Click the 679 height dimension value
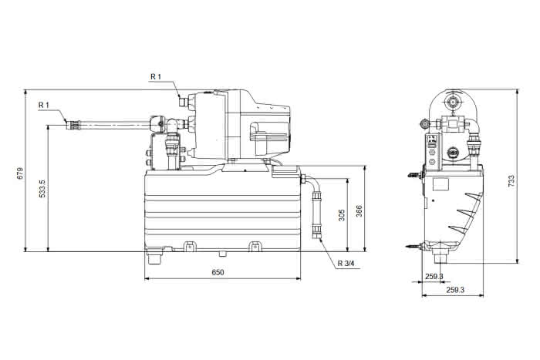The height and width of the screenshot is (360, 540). (x=20, y=173)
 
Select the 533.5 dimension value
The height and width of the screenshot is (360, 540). (x=42, y=189)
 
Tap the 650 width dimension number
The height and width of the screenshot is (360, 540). (x=218, y=272)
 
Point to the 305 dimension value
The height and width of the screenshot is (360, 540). (x=342, y=215)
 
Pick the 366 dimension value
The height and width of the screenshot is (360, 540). (x=359, y=211)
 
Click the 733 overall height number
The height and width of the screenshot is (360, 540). (x=511, y=180)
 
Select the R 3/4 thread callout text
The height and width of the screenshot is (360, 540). (x=346, y=264)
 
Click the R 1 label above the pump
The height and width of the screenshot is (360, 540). (x=156, y=76)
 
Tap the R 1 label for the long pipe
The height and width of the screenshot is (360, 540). (x=44, y=105)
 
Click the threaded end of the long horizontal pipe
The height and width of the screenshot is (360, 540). (x=73, y=125)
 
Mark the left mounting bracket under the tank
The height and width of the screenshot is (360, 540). (x=189, y=246)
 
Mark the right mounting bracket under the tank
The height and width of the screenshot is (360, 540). (x=254, y=246)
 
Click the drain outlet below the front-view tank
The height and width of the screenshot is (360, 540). (x=154, y=257)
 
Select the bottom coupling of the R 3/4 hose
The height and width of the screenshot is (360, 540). (x=316, y=232)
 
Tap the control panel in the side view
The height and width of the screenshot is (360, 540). (x=434, y=152)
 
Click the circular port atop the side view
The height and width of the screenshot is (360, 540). (x=452, y=102)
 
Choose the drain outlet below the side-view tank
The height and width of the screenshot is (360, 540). (x=441, y=257)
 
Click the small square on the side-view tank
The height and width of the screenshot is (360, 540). (x=440, y=184)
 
